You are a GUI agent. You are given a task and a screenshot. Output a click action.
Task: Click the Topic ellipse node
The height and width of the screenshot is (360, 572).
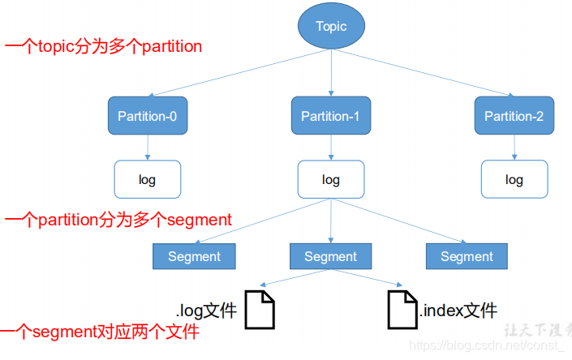click(331, 26)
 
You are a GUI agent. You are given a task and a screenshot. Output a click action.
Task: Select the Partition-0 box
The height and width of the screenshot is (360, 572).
click(147, 116)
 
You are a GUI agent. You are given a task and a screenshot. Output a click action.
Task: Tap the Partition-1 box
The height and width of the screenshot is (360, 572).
click(330, 116)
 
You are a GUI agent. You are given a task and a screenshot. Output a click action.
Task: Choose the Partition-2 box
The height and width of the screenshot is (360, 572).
click(514, 116)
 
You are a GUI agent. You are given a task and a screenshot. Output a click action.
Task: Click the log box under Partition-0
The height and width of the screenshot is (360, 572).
click(147, 179)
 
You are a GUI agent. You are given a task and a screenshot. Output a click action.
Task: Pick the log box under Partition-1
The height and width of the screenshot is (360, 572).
click(330, 179)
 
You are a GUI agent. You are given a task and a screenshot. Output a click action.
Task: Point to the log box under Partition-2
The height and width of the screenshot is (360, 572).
click(514, 179)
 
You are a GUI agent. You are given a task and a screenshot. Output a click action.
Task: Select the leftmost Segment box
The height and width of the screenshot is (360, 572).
click(194, 256)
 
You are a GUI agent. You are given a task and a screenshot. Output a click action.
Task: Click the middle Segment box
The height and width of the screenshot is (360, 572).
click(330, 256)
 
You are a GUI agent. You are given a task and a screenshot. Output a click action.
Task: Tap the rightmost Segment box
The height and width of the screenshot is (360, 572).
click(467, 256)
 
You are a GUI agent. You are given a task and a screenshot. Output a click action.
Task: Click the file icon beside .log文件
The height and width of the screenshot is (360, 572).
click(260, 310)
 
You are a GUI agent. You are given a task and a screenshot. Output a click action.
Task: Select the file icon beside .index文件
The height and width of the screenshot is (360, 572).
click(402, 310)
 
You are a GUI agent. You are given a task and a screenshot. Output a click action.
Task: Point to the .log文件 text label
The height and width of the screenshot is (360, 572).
click(206, 310)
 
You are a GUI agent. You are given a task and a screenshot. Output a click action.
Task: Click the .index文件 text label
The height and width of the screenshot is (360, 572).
click(458, 310)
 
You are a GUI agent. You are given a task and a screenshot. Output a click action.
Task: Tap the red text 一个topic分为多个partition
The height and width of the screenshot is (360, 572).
click(103, 46)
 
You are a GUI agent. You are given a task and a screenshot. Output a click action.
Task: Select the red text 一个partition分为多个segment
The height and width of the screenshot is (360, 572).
click(118, 220)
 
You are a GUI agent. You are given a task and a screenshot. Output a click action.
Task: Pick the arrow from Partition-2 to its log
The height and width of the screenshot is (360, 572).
click(514, 147)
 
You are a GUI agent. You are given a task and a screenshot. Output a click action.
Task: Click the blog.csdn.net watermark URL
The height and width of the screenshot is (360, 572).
click(487, 346)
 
